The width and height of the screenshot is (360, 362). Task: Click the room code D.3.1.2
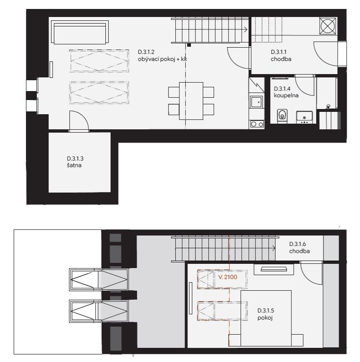pos(146,52)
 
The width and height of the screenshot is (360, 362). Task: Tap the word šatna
pos(74,165)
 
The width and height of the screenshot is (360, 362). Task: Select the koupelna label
pos(286,95)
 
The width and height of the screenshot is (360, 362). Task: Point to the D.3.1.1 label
pos(279,52)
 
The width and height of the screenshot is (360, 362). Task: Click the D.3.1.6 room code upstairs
pos(298,244)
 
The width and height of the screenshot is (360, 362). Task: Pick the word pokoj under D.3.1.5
pos(265,318)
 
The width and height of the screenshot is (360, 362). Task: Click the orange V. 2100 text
pos(228,277)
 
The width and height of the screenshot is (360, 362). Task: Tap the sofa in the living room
pos(80,32)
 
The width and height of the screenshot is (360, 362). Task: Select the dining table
pos(191,101)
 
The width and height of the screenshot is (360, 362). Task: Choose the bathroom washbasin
pos(304,117)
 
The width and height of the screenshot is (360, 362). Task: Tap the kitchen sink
pos(257,102)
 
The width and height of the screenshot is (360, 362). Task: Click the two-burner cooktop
pos(257,124)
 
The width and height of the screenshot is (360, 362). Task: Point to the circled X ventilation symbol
pos(328,25)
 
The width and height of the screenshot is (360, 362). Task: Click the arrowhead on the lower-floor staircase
pos(246,29)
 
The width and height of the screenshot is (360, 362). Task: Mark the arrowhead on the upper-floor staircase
pos(274,248)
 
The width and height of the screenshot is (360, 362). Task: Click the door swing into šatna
pos(79,120)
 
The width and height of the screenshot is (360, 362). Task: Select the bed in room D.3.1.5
pos(266,318)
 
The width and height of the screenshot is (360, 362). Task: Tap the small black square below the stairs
pos(189,45)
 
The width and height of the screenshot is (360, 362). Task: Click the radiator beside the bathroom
pos(330,120)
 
